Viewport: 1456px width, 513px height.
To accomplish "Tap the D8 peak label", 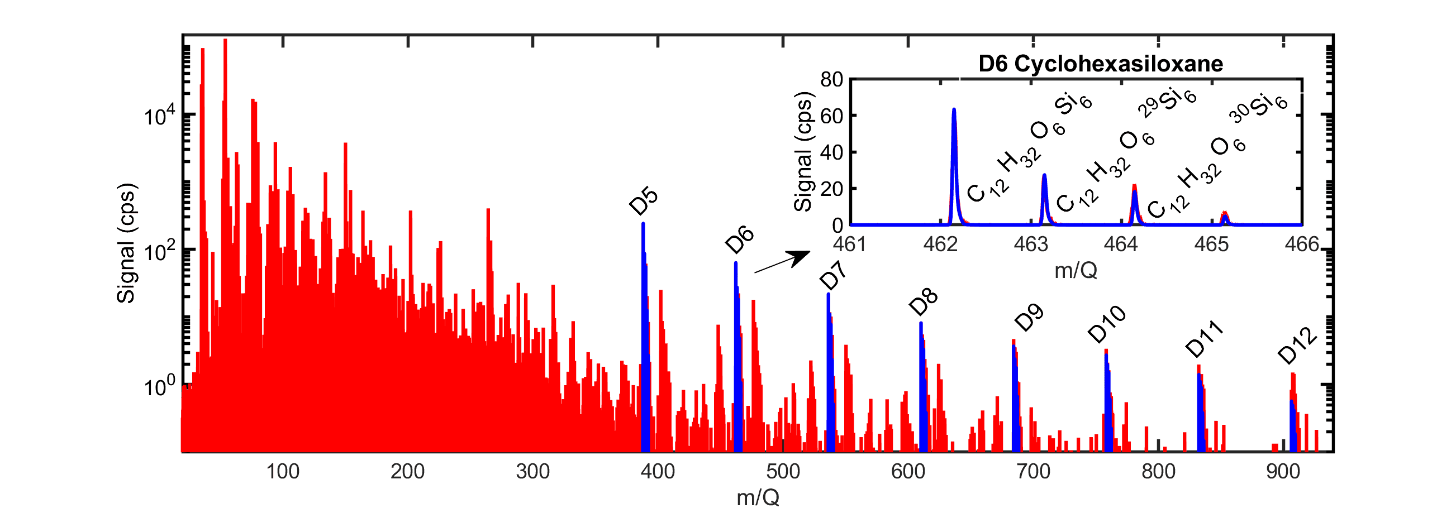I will (x=924, y=301).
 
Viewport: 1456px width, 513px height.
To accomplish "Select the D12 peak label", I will (x=1298, y=346).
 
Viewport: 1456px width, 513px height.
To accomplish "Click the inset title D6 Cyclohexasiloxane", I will (x=1101, y=64).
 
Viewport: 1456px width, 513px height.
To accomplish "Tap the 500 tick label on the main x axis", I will (x=783, y=471).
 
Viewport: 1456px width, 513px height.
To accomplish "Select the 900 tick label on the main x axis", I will (x=1283, y=471).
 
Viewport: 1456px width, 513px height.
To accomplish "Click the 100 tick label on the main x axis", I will (x=283, y=471).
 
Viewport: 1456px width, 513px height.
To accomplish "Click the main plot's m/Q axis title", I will (x=758, y=498).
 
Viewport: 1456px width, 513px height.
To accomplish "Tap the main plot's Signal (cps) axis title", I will (x=127, y=243).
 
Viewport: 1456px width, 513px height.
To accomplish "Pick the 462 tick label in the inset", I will (x=940, y=244).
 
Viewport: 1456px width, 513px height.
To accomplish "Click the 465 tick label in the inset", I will (x=1211, y=244).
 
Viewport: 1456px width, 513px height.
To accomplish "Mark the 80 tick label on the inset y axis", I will (x=831, y=80).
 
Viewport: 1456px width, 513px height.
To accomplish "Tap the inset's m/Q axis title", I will (x=1076, y=271).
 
